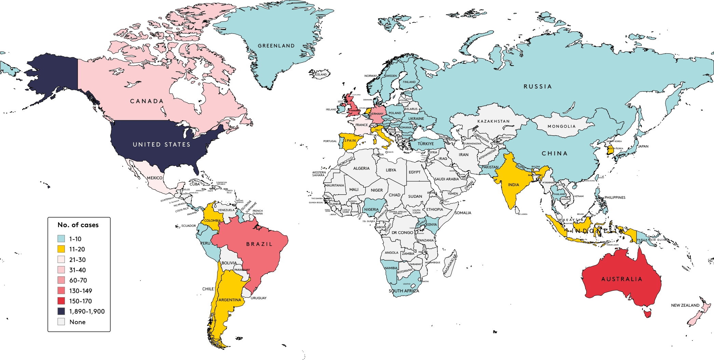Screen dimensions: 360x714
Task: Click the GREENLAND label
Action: click(x=276, y=46)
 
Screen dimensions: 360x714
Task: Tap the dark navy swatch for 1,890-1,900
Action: click(x=61, y=311)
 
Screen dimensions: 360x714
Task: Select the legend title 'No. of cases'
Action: click(x=78, y=225)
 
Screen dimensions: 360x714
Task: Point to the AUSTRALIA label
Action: click(x=622, y=279)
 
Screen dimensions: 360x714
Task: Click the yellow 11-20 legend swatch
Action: click(x=61, y=249)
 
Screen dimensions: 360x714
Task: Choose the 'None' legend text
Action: click(x=78, y=322)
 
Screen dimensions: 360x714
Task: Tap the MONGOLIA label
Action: click(x=562, y=126)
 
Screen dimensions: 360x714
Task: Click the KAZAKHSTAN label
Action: click(x=493, y=121)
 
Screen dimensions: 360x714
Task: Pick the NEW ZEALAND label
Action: click(x=685, y=305)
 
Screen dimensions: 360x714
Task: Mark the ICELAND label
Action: click(x=321, y=74)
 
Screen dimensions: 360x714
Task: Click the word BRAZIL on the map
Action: click(x=259, y=244)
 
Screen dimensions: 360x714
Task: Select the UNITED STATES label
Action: click(x=162, y=144)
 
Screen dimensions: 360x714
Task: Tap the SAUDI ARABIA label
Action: click(x=447, y=179)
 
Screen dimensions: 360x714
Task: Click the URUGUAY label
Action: click(x=259, y=298)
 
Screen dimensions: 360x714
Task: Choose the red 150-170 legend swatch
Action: click(x=61, y=301)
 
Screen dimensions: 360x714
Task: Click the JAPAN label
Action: click(x=643, y=146)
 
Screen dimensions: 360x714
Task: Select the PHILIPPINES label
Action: click(x=615, y=197)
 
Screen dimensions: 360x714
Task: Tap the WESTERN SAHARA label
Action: click(x=319, y=174)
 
